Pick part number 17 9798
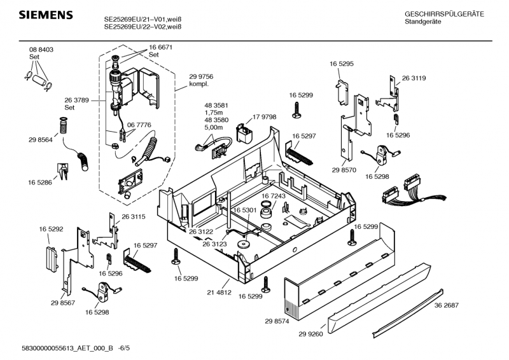(x=264, y=117)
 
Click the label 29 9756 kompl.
(x=200, y=80)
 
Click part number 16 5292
(x=51, y=228)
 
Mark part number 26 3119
(x=414, y=78)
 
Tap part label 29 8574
(x=277, y=322)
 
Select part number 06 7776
(x=139, y=125)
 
